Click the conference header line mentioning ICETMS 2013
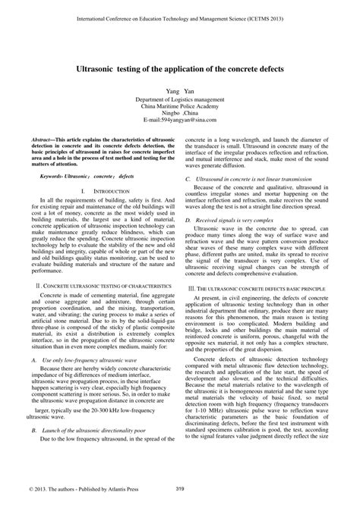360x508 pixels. coord(179,14)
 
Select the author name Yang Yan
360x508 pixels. coord(180,91)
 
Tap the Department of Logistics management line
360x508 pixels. coord(180,100)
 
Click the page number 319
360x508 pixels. coord(180,489)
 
